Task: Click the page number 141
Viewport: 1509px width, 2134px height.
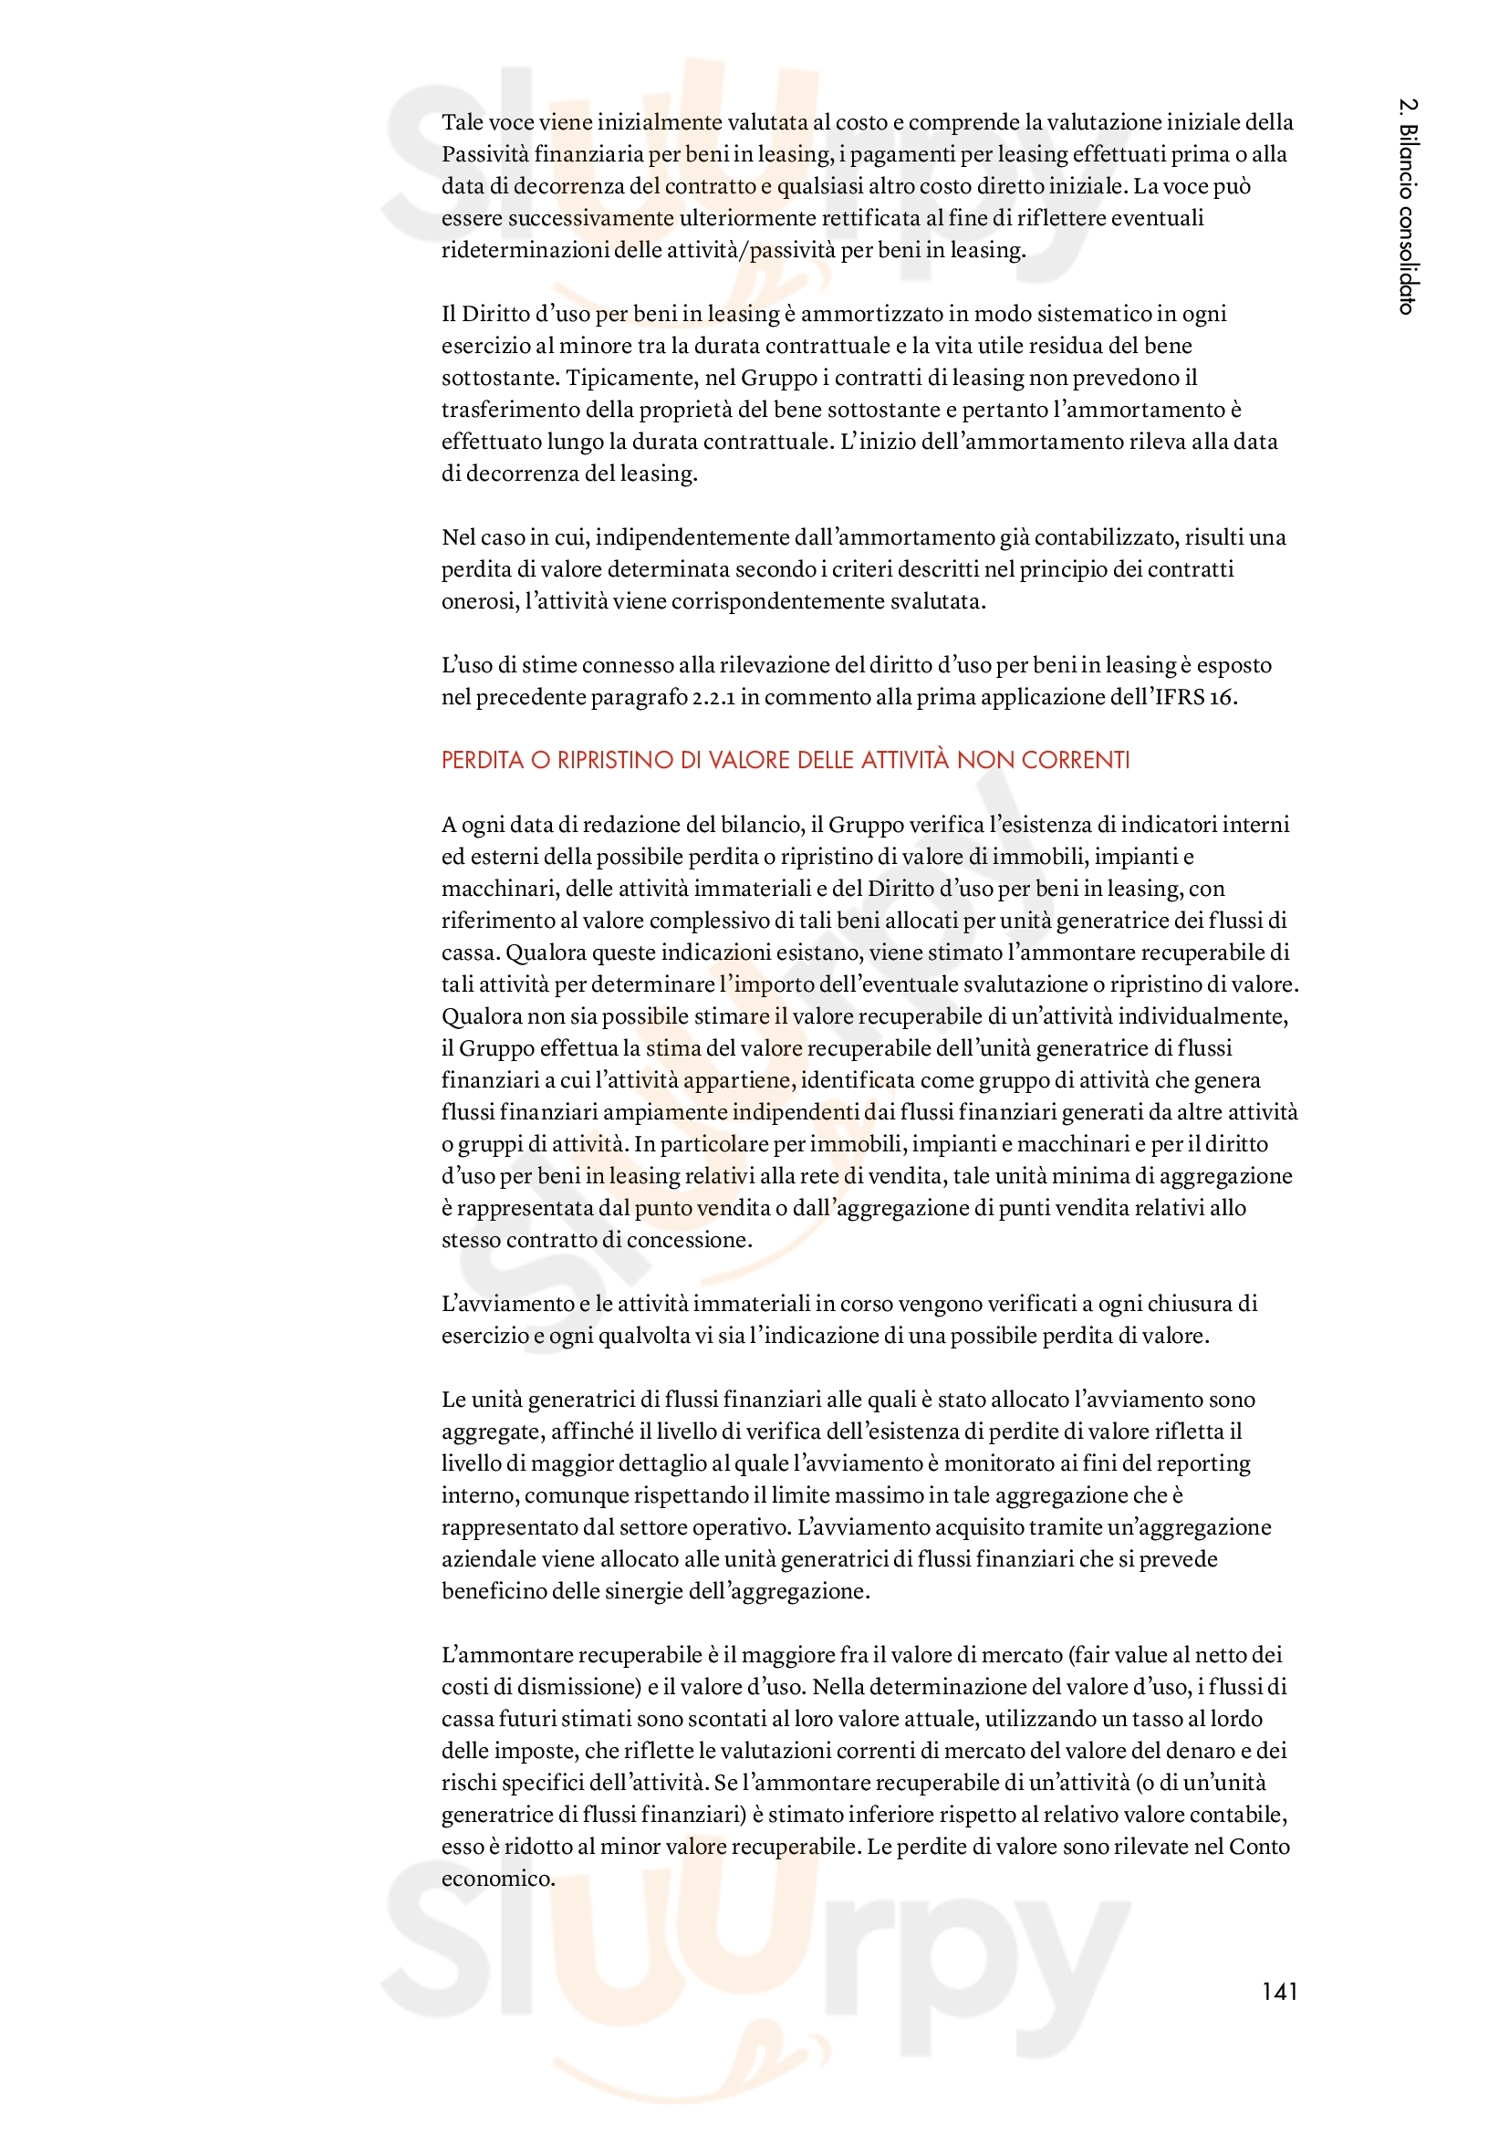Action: [1278, 1991]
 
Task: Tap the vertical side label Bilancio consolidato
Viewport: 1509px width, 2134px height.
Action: [1407, 205]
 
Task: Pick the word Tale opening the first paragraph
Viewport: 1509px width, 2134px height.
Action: [462, 122]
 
